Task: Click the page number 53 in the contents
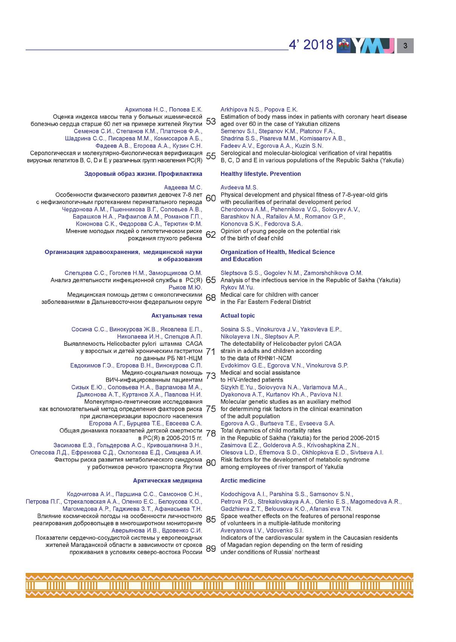(211, 121)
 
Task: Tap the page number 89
(211, 548)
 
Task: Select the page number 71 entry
(211, 352)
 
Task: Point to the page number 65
(211, 280)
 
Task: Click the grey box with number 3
(405, 46)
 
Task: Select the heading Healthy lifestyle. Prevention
(260, 174)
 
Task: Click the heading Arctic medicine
(243, 480)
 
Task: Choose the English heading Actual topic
(237, 316)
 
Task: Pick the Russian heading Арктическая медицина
(167, 480)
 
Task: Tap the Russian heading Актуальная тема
(177, 316)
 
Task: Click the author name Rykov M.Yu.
(237, 287)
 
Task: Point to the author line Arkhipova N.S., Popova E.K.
(259, 109)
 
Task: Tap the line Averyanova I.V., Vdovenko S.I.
(262, 530)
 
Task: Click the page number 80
(211, 462)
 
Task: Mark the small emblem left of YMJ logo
(344, 46)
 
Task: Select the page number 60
(211, 198)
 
